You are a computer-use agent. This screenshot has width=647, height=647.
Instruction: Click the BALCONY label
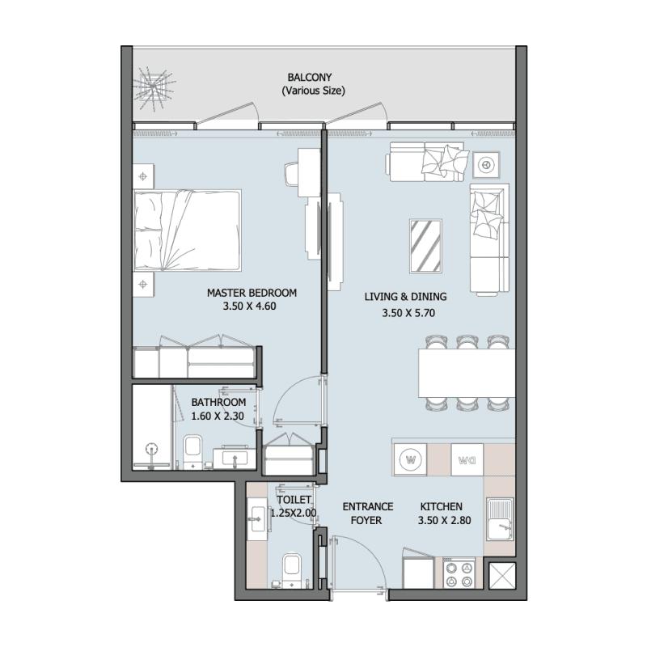point(310,78)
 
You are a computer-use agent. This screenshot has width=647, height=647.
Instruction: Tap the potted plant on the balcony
point(154,88)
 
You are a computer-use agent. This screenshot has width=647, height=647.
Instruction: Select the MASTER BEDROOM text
point(252,293)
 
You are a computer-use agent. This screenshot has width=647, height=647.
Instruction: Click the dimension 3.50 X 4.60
point(249,307)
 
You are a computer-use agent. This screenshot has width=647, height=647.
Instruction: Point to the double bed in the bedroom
point(188,230)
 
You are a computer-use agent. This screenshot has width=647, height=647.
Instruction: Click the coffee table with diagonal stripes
point(426,246)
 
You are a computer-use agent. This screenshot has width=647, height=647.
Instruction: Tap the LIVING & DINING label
point(406,297)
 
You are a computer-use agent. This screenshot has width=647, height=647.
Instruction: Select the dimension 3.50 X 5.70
point(408,313)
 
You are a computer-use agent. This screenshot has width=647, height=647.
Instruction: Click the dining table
point(467,373)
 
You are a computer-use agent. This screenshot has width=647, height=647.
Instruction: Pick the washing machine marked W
point(411,459)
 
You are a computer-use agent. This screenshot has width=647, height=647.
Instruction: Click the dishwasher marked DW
point(467,459)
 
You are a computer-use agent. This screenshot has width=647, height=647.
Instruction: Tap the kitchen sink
point(500,519)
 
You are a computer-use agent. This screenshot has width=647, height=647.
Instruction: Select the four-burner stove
point(459,573)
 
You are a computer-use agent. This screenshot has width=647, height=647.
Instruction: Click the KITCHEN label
point(441,507)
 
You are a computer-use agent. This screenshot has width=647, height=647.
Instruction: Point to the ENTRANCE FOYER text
point(367,514)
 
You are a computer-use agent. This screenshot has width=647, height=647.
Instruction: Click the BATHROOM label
point(218,402)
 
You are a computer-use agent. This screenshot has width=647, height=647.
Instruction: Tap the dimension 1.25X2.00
point(294,514)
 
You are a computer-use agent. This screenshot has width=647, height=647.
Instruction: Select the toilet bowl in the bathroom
point(192,451)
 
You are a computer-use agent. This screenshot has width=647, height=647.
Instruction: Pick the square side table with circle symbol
point(487,165)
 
